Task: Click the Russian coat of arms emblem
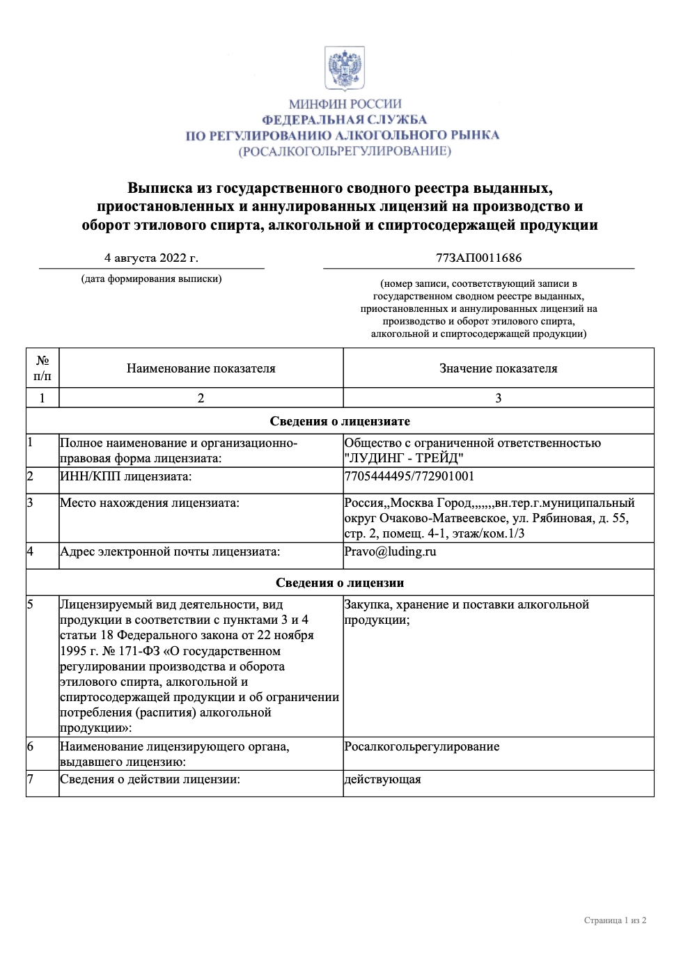[345, 68]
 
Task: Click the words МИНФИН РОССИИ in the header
[345, 104]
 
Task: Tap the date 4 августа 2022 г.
[151, 258]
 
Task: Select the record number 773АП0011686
[478, 258]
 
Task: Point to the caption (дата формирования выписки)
[151, 278]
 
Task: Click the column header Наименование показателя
[201, 368]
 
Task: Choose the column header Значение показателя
[498, 368]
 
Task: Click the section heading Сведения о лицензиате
[340, 421]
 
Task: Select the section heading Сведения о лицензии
[340, 583]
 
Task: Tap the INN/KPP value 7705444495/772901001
[409, 476]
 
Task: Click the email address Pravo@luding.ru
[390, 551]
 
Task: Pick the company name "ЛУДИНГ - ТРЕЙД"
[404, 458]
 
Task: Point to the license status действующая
[382, 779]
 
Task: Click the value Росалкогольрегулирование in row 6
[421, 746]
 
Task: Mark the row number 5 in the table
[30, 604]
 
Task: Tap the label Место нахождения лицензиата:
[149, 503]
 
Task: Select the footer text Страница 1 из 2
[615, 920]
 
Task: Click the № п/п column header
[42, 368]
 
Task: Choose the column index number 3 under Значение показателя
[498, 398]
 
